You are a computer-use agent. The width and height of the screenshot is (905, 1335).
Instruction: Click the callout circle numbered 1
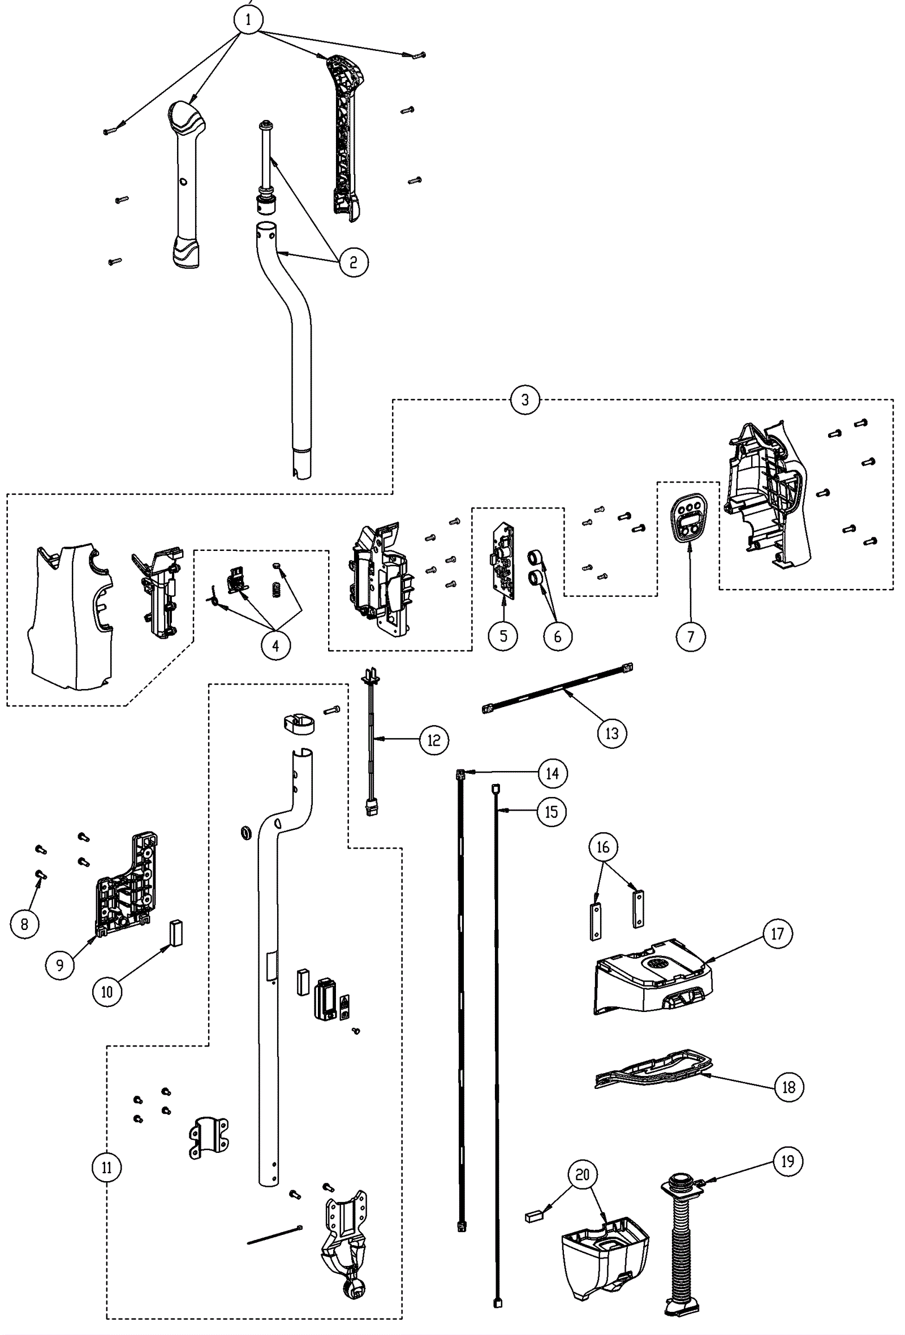(248, 20)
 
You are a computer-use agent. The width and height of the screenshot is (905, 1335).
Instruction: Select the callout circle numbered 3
(525, 400)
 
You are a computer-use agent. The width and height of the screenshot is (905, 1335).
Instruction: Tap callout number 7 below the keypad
(690, 636)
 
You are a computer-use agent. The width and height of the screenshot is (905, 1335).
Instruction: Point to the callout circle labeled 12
(433, 740)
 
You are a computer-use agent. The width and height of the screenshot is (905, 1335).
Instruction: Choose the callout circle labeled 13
(611, 734)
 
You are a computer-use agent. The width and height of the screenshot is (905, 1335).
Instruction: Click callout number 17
(777, 934)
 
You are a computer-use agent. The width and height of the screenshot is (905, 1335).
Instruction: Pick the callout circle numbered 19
(787, 1161)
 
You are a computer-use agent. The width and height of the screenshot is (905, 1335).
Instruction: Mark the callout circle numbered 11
(107, 1168)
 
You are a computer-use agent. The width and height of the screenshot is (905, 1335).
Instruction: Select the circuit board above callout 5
(503, 560)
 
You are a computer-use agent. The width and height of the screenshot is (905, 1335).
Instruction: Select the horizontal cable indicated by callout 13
(558, 688)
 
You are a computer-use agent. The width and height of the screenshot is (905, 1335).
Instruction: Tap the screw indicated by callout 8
(41, 875)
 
